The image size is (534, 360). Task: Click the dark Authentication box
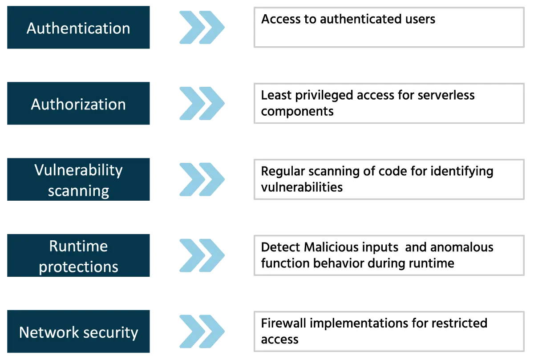[79, 28]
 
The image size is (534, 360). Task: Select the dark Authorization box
[79, 104]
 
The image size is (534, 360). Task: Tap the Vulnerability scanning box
[79, 180]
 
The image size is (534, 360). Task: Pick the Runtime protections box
[79, 256]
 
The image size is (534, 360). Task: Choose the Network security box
[79, 332]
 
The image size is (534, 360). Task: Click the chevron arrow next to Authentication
[202, 28]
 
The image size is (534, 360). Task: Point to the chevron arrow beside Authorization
[202, 104]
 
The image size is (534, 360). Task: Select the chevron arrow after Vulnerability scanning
[202, 180]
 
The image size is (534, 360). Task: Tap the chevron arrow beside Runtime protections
[202, 256]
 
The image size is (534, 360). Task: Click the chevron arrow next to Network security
[202, 332]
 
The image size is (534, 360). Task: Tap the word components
[297, 111]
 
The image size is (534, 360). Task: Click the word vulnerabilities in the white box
[302, 187]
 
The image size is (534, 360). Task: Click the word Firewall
[283, 323]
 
